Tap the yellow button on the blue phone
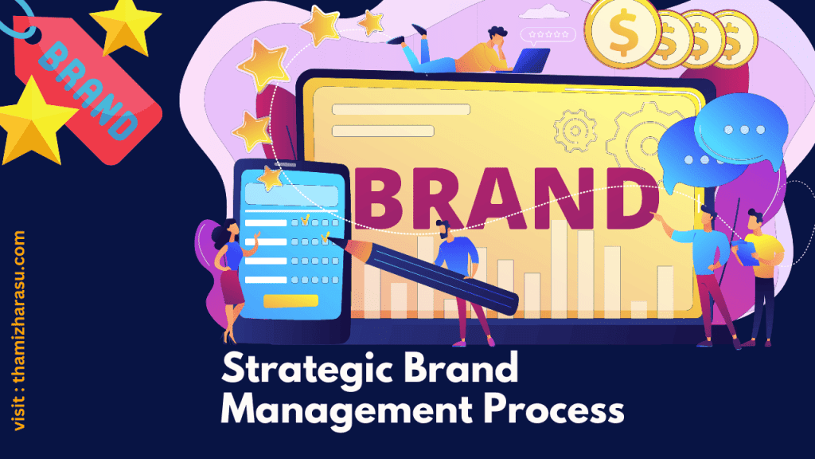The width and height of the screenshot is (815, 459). (291, 300)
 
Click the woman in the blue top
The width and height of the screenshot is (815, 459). (229, 271)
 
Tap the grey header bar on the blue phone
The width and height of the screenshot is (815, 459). (290, 194)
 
